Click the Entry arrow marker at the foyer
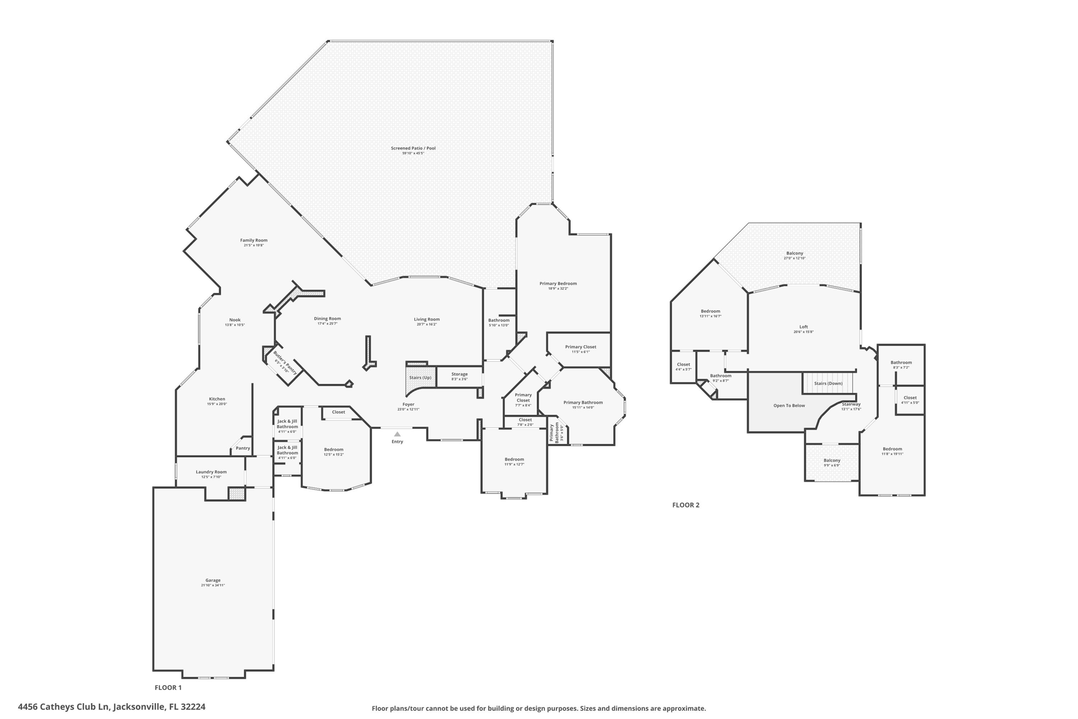point(397,435)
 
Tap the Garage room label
point(213,580)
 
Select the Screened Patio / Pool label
point(413,149)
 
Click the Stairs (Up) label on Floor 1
point(420,378)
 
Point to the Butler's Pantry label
point(285,362)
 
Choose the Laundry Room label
point(211,472)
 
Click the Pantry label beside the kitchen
point(243,448)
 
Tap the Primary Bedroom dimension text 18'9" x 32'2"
point(558,289)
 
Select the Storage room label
point(459,375)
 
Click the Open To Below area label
point(789,406)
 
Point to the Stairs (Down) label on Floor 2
point(828,383)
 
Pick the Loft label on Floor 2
point(803,327)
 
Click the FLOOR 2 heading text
point(685,505)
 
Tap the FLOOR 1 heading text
point(168,687)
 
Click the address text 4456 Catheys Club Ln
point(112,707)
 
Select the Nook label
point(235,320)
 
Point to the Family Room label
point(254,241)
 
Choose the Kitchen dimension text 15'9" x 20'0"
point(217,404)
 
